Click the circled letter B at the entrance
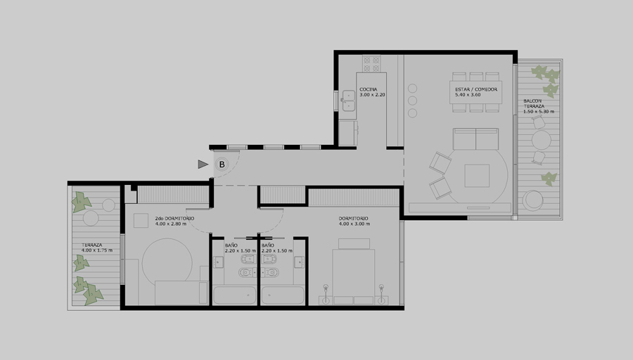[x=222, y=165]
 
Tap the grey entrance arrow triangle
[x=203, y=165]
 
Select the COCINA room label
[x=368, y=89]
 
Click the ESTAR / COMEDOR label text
[x=476, y=89]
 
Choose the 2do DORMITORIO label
[x=174, y=219]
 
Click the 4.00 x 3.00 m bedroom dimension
[x=354, y=224]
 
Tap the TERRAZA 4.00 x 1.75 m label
[x=97, y=247]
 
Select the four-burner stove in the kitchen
[x=371, y=64]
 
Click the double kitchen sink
[x=348, y=101]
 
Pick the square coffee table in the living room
[x=477, y=176]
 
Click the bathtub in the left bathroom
[x=234, y=295]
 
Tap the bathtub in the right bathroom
[x=283, y=295]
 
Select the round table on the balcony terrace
[x=542, y=140]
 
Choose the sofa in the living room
[x=475, y=139]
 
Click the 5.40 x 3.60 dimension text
[x=468, y=95]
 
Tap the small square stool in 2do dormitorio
[x=141, y=221]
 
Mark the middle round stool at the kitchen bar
[x=412, y=101]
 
